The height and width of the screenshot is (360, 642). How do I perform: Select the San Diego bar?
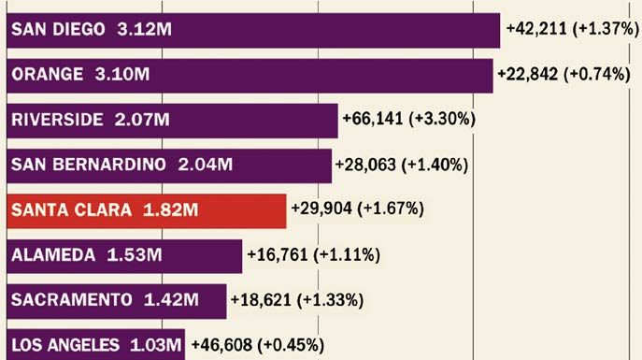tap(253, 30)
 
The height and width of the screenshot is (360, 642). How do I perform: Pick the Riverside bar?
tap(172, 120)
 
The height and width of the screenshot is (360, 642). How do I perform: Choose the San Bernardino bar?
tap(169, 166)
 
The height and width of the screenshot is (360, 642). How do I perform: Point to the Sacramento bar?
tap(117, 300)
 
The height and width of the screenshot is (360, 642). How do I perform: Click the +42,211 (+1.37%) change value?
tap(571, 29)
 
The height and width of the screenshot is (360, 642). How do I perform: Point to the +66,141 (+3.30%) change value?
tap(409, 119)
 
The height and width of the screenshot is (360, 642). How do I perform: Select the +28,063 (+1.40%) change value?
tap(403, 165)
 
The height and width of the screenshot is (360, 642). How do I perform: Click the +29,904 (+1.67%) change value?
tap(358, 209)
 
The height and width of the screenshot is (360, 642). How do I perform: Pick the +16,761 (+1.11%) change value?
tap(313, 253)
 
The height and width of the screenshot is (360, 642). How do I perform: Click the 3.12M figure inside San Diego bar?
tap(145, 30)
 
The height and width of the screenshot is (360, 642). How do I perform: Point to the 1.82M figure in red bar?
tap(170, 210)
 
